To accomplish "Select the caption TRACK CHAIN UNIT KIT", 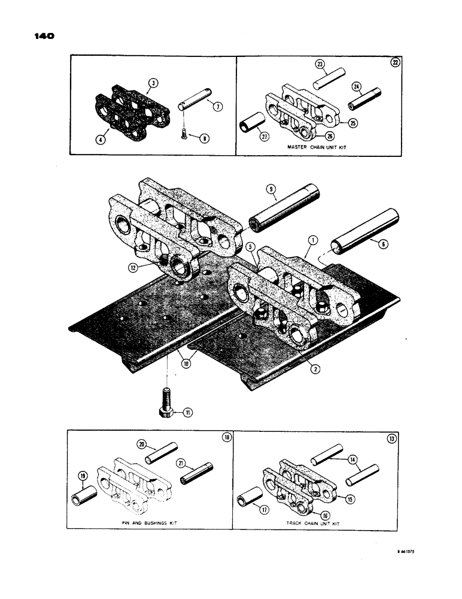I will [314, 522].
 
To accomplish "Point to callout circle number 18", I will [225, 438].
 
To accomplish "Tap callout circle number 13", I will [391, 438].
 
